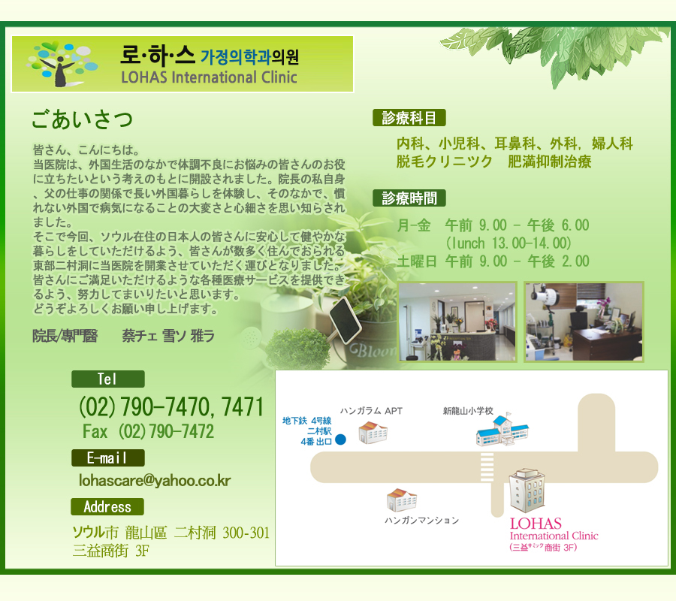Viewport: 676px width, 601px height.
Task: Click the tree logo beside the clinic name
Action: point(62,64)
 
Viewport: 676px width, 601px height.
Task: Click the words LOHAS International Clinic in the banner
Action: point(209,77)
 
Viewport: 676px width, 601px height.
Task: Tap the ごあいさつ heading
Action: point(82,119)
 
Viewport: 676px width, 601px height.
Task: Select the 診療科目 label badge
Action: point(409,118)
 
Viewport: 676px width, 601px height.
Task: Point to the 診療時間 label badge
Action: point(409,198)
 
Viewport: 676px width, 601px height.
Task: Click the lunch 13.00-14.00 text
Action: point(509,243)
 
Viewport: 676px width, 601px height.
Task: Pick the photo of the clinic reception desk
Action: point(457,322)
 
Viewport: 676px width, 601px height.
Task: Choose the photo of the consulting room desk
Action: point(584,322)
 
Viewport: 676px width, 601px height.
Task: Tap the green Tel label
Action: point(107,379)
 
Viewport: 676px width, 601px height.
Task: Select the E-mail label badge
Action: point(107,458)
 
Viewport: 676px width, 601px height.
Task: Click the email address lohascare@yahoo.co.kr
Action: point(155,480)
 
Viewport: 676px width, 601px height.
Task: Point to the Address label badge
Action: point(107,506)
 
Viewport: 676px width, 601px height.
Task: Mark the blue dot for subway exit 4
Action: point(340,439)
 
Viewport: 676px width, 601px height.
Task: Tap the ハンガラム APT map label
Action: point(371,411)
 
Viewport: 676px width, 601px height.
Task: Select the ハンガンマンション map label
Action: point(421,521)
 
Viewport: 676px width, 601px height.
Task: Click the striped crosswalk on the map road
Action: point(487,467)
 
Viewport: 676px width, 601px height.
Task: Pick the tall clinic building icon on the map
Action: point(527,491)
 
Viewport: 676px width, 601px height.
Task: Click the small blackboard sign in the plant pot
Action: point(346,320)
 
